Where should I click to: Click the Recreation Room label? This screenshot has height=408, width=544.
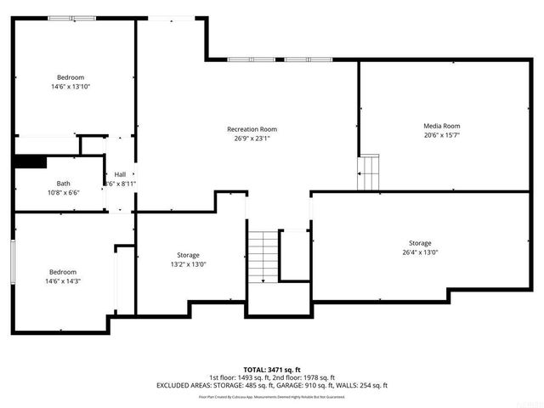tap(252, 129)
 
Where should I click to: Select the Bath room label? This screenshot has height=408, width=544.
tap(64, 184)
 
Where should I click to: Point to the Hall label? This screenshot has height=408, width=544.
tap(120, 174)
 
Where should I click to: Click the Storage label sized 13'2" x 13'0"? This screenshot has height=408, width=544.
tap(188, 255)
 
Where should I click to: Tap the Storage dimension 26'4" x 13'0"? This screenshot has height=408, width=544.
tap(420, 252)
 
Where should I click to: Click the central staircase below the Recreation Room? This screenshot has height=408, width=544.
tap(263, 255)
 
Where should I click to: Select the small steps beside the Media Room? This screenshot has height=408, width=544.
tap(367, 173)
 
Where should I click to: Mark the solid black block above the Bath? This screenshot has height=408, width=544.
tap(31, 162)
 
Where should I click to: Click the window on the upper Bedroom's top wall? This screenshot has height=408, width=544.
tap(71, 18)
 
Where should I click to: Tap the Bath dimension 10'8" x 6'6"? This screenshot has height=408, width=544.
tap(64, 193)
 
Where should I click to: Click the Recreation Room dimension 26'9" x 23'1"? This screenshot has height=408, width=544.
tap(252, 139)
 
